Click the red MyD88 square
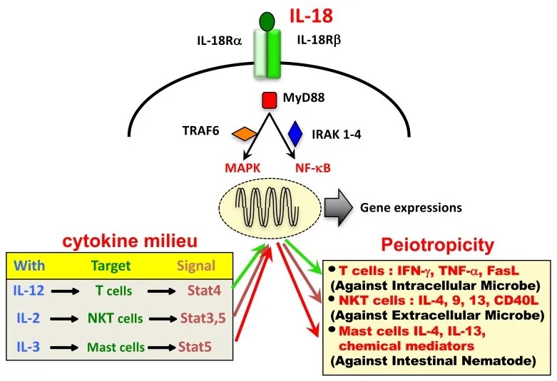point(269,100)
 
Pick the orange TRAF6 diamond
point(246,133)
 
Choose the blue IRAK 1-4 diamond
point(295,133)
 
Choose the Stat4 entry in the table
point(200,290)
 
